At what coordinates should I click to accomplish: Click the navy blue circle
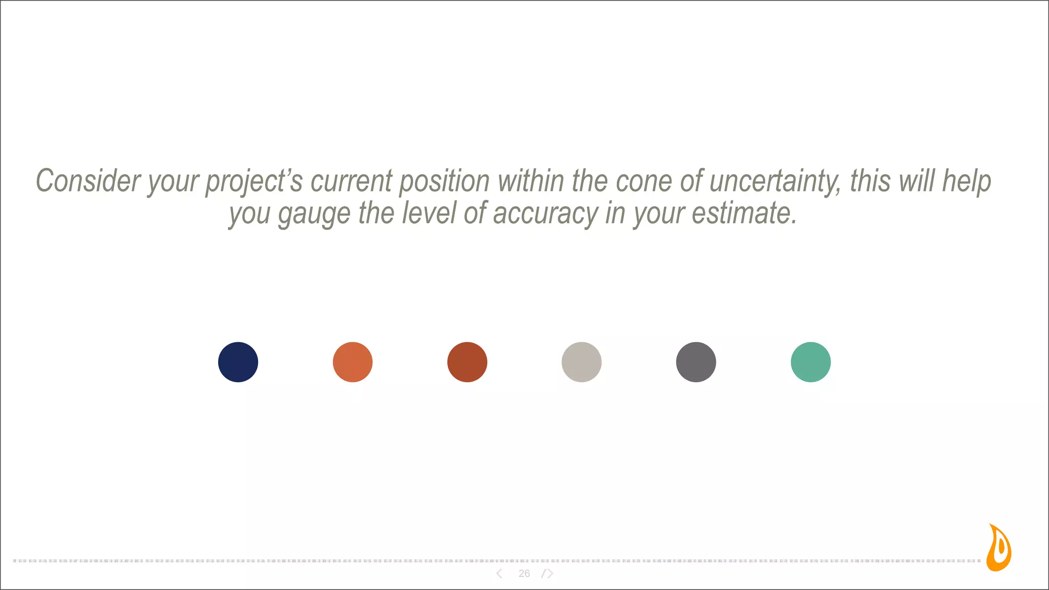238,362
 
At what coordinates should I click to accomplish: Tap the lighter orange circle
352,362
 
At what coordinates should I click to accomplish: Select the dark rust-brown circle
467,362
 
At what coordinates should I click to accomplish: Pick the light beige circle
581,362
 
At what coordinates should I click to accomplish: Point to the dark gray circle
696,362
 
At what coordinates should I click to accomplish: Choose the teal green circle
811,362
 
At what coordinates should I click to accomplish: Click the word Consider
88,181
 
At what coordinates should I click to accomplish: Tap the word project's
254,182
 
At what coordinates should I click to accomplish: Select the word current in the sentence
351,181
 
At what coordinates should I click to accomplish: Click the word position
444,182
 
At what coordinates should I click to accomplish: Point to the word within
531,181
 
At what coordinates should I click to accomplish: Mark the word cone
644,181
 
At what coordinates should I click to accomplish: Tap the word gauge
314,214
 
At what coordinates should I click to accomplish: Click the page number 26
524,574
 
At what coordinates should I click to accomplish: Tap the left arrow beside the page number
499,574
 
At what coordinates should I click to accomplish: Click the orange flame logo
999,548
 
